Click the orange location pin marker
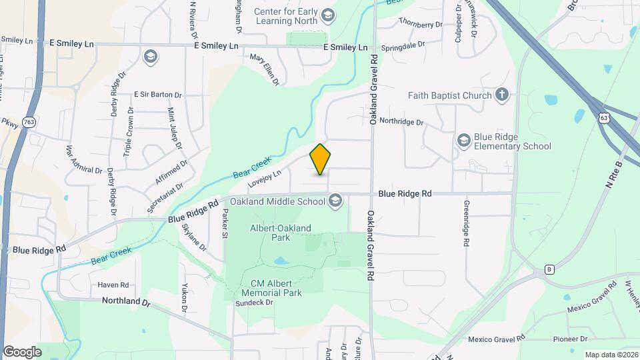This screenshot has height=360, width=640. point(321,159)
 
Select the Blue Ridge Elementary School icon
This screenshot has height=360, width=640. point(463,141)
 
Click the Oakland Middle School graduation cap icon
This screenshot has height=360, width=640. point(335,201)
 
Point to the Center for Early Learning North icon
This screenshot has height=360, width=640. point(327,15)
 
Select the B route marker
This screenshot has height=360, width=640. point(549,269)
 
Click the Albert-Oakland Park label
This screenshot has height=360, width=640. point(280,232)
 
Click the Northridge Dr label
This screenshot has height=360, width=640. point(401,122)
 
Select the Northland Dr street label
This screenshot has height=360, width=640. point(127,301)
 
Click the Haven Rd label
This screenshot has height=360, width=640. point(113,285)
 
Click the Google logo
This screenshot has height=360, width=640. point(22,352)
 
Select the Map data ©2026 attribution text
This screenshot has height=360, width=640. point(611,355)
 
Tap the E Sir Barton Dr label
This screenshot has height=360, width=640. point(157,95)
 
